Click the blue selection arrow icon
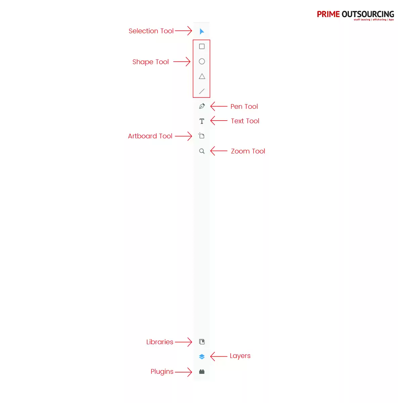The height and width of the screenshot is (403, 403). click(201, 31)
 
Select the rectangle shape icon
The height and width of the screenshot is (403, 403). click(201, 46)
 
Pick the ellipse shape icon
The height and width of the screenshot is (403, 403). click(201, 61)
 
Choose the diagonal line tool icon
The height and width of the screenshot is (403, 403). click(201, 91)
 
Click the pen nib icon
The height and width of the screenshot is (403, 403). click(201, 106)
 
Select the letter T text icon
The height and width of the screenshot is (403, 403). click(201, 121)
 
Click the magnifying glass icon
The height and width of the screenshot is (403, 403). click(201, 151)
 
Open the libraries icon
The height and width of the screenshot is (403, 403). click(201, 342)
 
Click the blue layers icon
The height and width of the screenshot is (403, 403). click(201, 356)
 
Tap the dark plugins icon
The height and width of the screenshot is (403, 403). click(201, 371)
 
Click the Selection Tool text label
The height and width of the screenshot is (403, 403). click(151, 31)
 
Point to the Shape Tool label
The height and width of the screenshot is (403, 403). click(150, 62)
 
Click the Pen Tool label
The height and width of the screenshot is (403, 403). click(244, 106)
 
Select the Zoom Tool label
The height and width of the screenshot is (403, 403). click(248, 151)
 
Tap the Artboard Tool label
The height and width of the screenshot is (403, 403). click(150, 136)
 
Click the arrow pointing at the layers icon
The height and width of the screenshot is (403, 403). click(218, 356)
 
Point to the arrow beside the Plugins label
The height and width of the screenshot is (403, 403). click(183, 372)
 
